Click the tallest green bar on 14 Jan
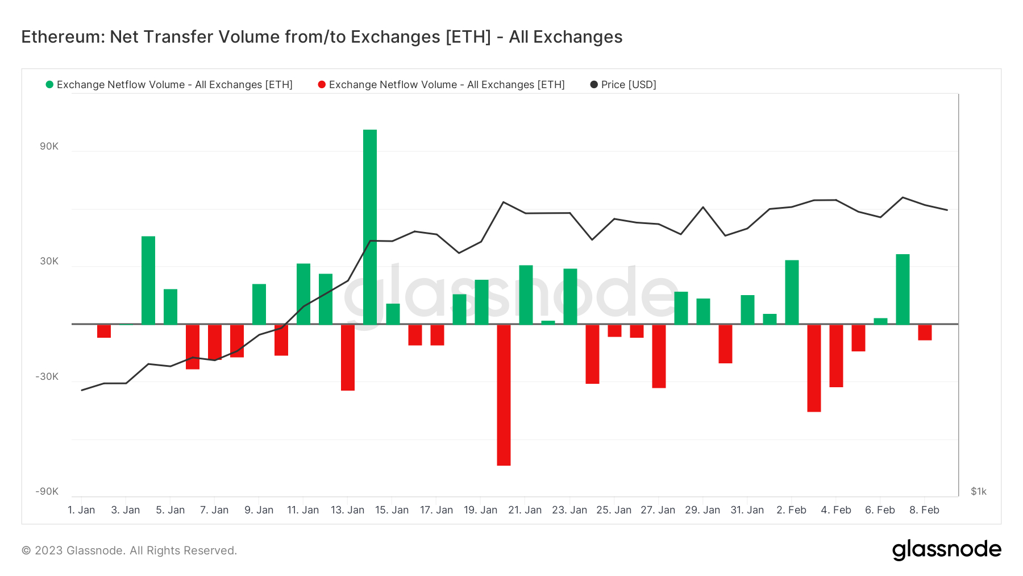(370, 227)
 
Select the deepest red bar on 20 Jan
(504, 395)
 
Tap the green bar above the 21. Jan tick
(526, 295)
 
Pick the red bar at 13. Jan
(348, 357)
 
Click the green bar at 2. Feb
(792, 292)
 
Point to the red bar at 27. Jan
(659, 356)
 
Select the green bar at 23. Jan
(570, 296)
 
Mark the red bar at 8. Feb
(925, 332)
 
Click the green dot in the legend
(49, 85)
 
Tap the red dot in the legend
(322, 85)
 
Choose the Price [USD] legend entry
(623, 85)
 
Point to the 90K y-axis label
(49, 146)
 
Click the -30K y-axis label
(47, 376)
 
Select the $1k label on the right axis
(978, 491)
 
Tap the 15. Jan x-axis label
(392, 510)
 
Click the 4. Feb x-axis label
(836, 510)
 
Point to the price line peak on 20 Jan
(504, 202)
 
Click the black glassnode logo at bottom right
(946, 550)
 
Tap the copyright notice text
(129, 550)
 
